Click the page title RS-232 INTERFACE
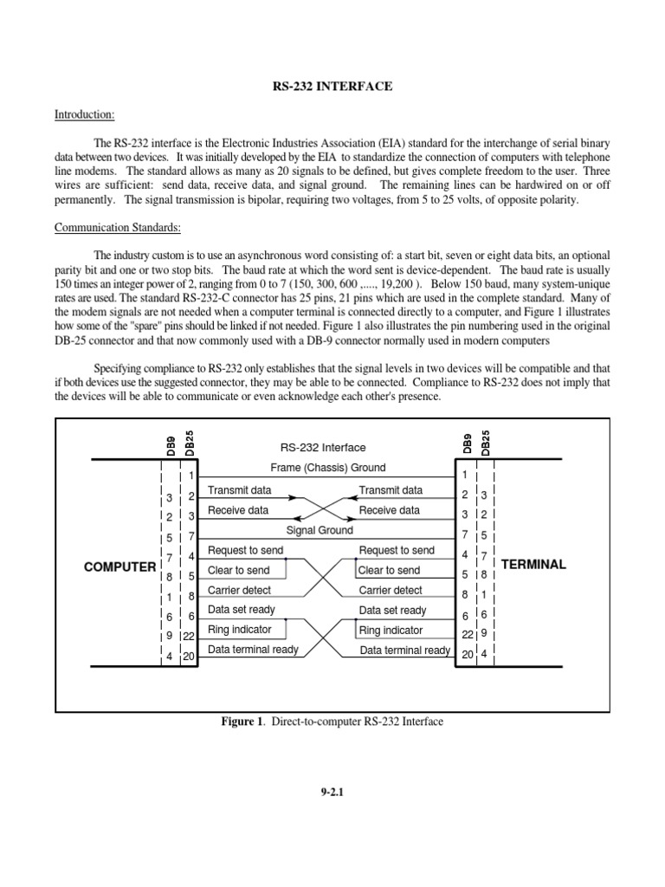click(332, 87)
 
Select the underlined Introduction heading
click(85, 113)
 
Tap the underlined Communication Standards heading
click(118, 228)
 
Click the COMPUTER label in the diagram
click(119, 567)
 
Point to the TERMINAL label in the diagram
click(533, 564)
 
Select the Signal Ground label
click(320, 530)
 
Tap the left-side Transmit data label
click(240, 490)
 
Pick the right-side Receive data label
click(389, 510)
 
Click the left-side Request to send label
click(245, 550)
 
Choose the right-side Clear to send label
click(389, 570)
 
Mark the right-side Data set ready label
click(392, 610)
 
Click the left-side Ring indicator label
click(240, 630)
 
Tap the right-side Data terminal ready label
click(404, 651)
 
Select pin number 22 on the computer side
click(189, 636)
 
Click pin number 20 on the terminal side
click(467, 655)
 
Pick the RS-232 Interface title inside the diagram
click(323, 448)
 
